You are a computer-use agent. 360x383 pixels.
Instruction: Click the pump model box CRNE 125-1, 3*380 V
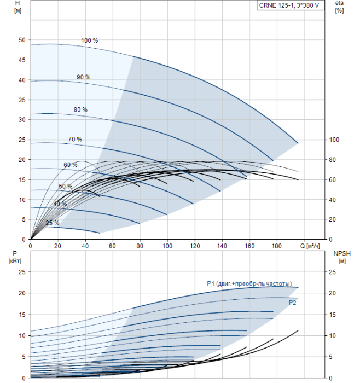288,5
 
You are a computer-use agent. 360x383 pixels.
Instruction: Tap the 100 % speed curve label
89,41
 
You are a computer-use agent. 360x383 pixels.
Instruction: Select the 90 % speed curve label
83,77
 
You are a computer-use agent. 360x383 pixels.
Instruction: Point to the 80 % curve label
80,110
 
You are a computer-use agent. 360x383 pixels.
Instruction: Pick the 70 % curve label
75,140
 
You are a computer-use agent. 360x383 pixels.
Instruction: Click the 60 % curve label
70,165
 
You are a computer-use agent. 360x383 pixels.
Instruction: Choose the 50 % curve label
65,187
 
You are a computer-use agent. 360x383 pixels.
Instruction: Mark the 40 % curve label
60,204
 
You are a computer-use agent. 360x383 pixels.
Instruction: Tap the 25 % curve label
53,223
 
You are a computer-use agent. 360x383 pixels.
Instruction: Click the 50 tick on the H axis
22,40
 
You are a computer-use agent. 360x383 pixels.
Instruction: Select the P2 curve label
292,302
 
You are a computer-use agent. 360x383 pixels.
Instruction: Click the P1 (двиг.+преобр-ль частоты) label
249,283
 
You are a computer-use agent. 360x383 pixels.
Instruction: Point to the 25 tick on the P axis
22,272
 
